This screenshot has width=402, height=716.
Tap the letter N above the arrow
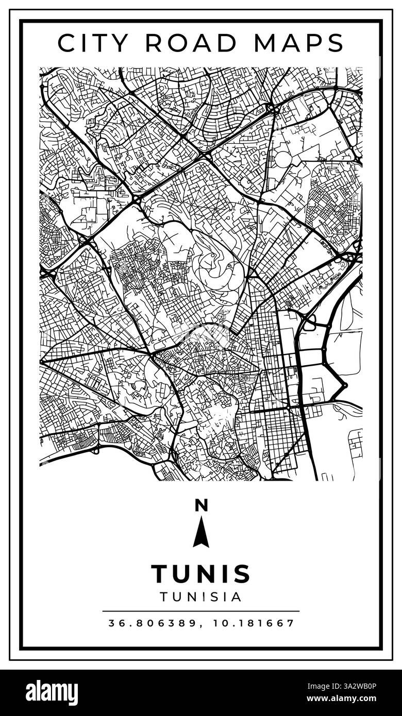(x=201, y=505)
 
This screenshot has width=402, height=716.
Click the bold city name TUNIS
(x=201, y=574)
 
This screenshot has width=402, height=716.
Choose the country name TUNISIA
(x=201, y=597)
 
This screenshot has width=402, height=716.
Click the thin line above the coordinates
(x=201, y=611)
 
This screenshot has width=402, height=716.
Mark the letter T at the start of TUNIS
(x=160, y=574)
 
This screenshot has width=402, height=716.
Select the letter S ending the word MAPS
(x=335, y=43)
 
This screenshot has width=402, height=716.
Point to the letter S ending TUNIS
(x=242, y=574)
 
